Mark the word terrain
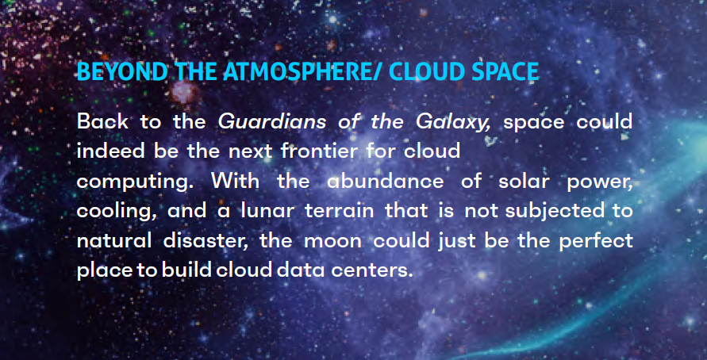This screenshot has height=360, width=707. tap(339, 211)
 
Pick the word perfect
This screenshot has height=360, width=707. tap(596, 242)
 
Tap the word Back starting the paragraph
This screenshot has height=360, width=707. tap(102, 122)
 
